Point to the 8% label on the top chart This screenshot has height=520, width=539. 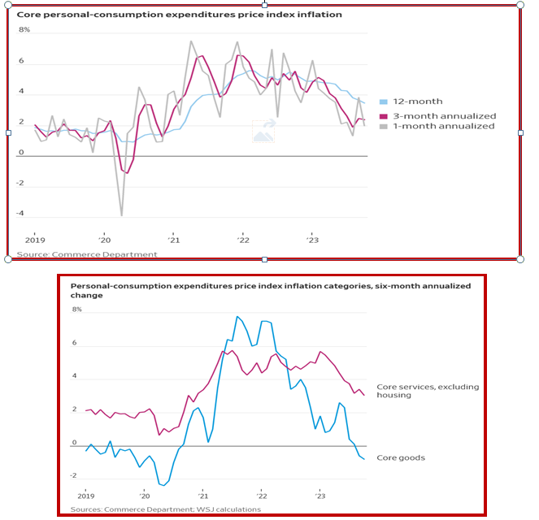[24, 30]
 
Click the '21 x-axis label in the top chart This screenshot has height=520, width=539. [172, 240]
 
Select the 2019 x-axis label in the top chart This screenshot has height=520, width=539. [35, 240]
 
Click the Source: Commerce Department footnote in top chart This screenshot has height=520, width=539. [87, 254]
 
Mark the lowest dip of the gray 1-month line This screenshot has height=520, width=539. [122, 215]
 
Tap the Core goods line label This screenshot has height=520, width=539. [401, 457]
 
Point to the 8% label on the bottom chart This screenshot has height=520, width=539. [77, 310]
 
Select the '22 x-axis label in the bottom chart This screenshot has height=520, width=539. [261, 496]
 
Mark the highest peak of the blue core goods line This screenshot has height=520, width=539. [237, 316]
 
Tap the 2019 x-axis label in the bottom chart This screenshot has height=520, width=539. [87, 496]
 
